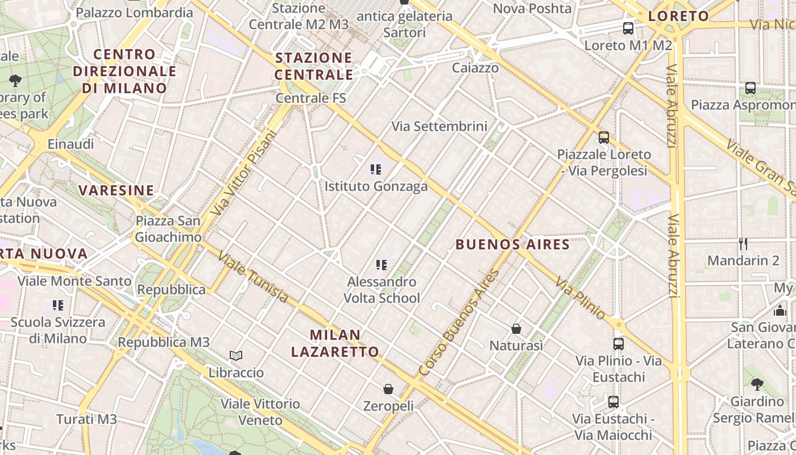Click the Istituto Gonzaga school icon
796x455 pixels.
[x=375, y=169]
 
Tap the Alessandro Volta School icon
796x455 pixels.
[x=381, y=264]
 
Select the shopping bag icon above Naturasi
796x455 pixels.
[x=516, y=329]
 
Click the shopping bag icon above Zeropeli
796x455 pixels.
[x=388, y=389]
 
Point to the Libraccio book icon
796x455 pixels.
[x=236, y=356]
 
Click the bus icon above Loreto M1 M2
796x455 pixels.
[x=628, y=28]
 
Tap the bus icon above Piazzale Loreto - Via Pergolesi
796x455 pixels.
[x=604, y=137]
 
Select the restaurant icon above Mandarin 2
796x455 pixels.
[x=743, y=244]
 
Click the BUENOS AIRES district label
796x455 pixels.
[x=513, y=245]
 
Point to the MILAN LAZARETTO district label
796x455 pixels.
[x=335, y=343]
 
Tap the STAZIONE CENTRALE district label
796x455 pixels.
[x=314, y=66]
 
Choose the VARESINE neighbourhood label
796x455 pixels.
[x=117, y=190]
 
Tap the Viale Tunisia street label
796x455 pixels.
[x=253, y=277]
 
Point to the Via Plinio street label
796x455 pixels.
[x=581, y=297]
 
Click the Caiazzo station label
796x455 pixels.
[x=475, y=68]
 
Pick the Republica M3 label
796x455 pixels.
[x=164, y=342]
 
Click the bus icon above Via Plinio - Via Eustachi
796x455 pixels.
[x=619, y=344]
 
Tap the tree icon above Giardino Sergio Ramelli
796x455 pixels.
[x=757, y=384]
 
